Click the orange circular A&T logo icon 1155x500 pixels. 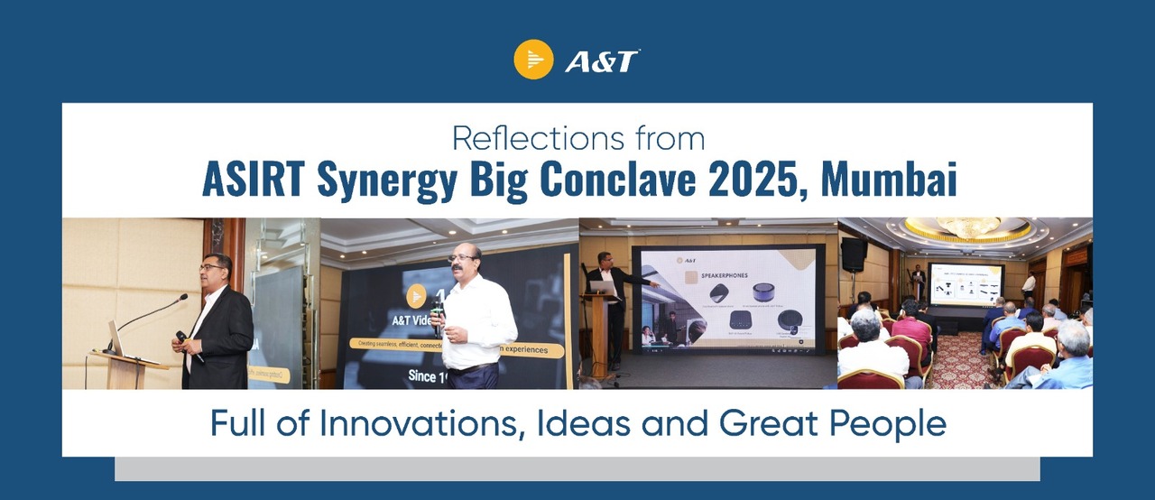pos(533,60)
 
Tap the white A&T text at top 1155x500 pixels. pos(602,61)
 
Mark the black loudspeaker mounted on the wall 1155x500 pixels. pos(853,255)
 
